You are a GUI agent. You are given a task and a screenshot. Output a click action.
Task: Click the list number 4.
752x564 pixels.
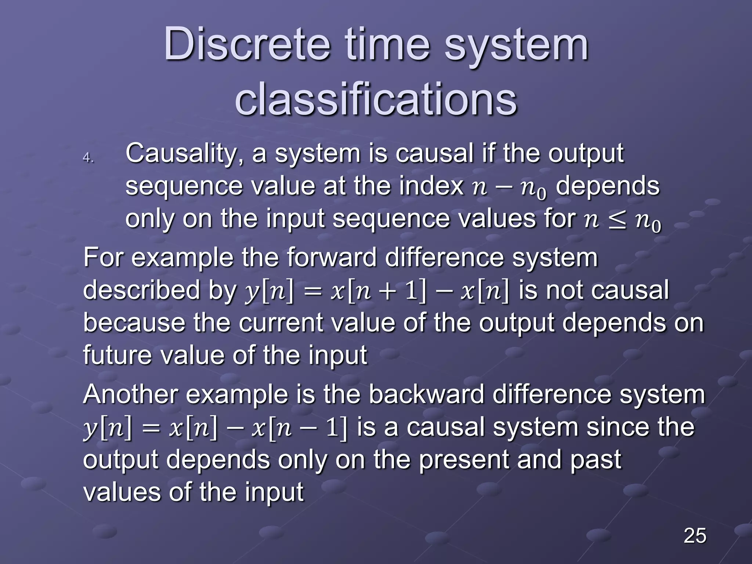coord(88,158)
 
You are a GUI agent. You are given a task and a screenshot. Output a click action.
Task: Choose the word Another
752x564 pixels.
coord(131,395)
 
